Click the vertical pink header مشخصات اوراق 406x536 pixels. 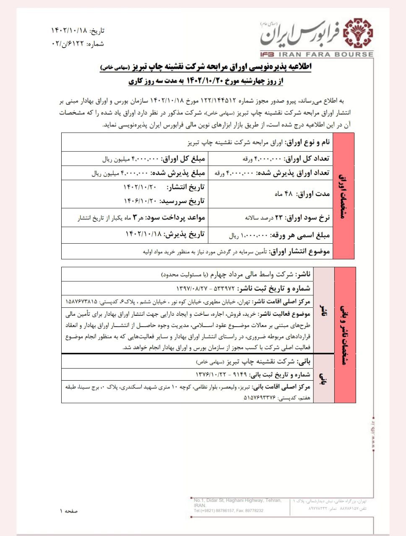pos(344,196)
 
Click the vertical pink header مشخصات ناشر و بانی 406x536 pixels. pos(345,335)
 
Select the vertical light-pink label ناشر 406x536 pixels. pos(323,311)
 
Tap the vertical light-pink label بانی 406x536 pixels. pos(323,379)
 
